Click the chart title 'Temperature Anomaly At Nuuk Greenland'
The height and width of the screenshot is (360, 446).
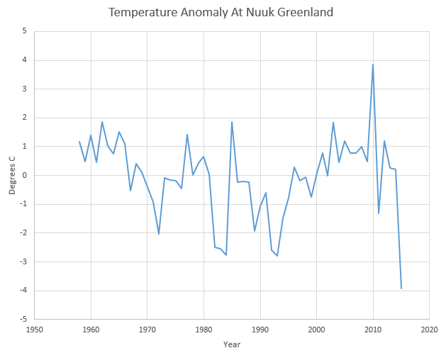pyautogui.click(x=221, y=13)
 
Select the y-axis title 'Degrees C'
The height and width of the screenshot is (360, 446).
pyautogui.click(x=12, y=175)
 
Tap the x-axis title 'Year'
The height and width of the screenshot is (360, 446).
pyautogui.click(x=232, y=344)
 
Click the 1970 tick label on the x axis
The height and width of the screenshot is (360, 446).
pyautogui.click(x=147, y=329)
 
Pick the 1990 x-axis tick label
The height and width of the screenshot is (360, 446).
pyautogui.click(x=260, y=329)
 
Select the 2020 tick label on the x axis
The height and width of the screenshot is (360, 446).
pyautogui.click(x=429, y=329)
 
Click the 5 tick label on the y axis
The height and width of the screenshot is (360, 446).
pyautogui.click(x=24, y=31)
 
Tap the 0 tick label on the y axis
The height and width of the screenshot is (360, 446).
pyautogui.click(x=24, y=175)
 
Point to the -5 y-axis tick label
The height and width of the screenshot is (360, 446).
pyautogui.click(x=23, y=319)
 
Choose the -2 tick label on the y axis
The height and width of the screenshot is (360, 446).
pyautogui.click(x=23, y=232)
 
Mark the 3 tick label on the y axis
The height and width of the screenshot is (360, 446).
pyautogui.click(x=24, y=89)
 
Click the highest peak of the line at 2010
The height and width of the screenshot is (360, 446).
pyautogui.click(x=373, y=64)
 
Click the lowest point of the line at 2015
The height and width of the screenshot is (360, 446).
pyautogui.click(x=401, y=288)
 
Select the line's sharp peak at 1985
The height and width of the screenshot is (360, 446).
pyautogui.click(x=232, y=122)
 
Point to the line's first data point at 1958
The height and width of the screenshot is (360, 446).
pyautogui.click(x=79, y=142)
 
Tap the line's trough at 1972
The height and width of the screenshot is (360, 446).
pyautogui.click(x=159, y=234)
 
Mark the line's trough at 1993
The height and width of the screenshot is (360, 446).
pyautogui.click(x=277, y=255)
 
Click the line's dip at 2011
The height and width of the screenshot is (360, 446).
pyautogui.click(x=379, y=213)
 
